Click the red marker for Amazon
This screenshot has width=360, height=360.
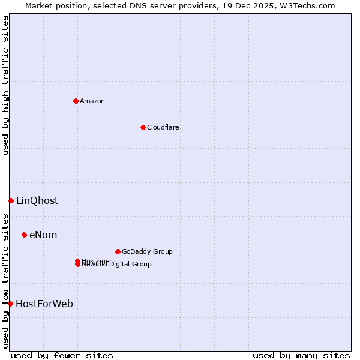point(76,101)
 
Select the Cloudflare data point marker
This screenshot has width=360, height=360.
point(143,127)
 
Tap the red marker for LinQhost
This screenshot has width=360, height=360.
point(11,200)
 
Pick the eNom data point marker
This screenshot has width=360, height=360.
point(24,235)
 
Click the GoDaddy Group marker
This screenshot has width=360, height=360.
point(118,251)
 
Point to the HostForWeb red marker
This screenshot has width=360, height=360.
point(10,304)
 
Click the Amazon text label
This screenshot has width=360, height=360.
point(92,101)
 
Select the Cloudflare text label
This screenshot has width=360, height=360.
point(163,127)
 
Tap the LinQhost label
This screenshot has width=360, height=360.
point(37,200)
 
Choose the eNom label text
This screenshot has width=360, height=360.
point(43,235)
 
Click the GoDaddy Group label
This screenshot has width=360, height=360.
point(147,251)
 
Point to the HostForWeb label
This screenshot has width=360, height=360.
point(44,304)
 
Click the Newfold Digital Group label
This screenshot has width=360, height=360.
point(117,265)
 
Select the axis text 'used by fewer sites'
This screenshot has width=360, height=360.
point(62,355)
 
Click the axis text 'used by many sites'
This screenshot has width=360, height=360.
point(301,355)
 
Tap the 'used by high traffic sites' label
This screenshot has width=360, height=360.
point(5,85)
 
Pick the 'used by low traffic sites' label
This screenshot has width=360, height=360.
point(5,280)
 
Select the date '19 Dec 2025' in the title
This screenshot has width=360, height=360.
point(254,5)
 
